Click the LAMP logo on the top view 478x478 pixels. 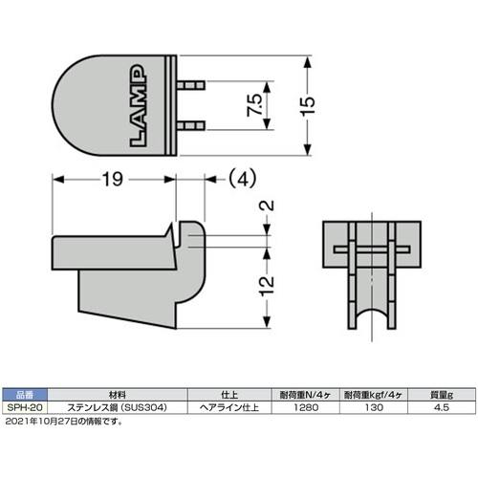click(x=139, y=106)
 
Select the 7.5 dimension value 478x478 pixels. click(x=254, y=105)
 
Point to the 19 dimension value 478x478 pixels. click(x=113, y=180)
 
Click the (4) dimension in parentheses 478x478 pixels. click(x=242, y=179)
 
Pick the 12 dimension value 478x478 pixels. click(x=267, y=286)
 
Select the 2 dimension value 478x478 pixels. click(x=268, y=206)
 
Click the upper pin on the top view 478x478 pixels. click(x=190, y=85)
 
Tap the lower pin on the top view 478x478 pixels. click(x=190, y=125)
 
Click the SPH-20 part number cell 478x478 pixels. click(x=25, y=407)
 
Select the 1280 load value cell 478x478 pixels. click(x=306, y=407)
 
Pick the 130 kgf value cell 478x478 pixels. click(x=374, y=407)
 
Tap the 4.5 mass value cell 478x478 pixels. click(x=442, y=407)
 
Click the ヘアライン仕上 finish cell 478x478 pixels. click(x=229, y=407)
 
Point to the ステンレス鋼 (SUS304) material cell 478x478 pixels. click(x=118, y=407)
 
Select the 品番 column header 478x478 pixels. click(x=25, y=395)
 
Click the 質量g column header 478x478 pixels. click(x=442, y=395)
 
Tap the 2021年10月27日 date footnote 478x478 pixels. click(x=64, y=422)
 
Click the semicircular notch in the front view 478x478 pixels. click(x=372, y=315)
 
